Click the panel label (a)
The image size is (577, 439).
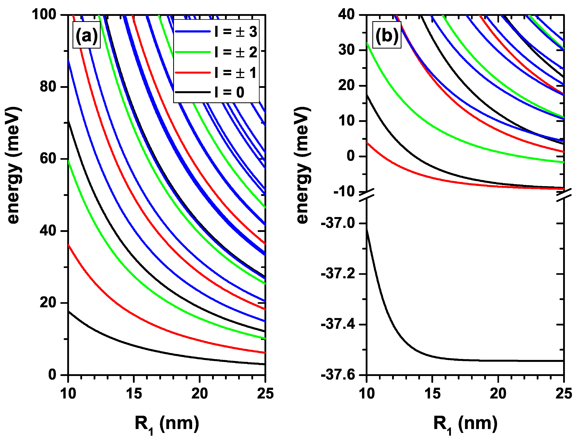[86, 35]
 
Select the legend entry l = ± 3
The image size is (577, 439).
[236, 32]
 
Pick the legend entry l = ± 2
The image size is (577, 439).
[236, 52]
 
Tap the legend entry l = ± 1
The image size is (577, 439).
[236, 72]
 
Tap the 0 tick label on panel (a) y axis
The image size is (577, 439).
[52, 375]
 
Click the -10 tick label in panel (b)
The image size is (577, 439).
[344, 192]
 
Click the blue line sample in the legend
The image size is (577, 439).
[193, 32]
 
